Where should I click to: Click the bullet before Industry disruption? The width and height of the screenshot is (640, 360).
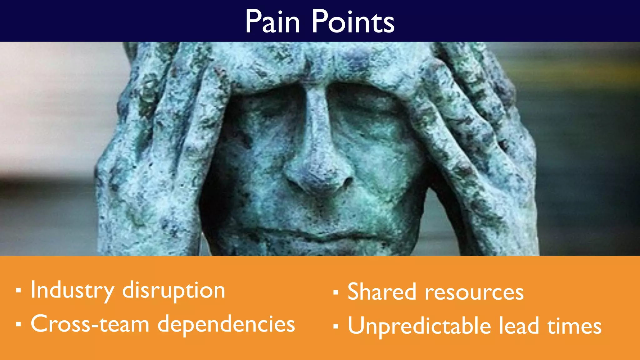click(x=19, y=291)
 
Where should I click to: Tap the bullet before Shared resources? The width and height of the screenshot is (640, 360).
click(x=336, y=292)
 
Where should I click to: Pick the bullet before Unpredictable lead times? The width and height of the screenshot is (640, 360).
click(x=336, y=326)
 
